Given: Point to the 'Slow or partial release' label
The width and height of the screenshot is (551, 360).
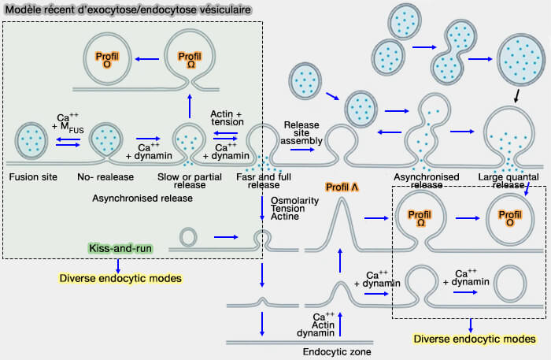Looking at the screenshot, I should point(187,180).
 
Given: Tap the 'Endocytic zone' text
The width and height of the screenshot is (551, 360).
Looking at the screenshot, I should point(337,352).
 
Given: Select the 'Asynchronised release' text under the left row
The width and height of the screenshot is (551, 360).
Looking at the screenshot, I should point(142,198).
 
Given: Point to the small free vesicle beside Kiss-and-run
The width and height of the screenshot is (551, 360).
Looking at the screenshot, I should point(190,236).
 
